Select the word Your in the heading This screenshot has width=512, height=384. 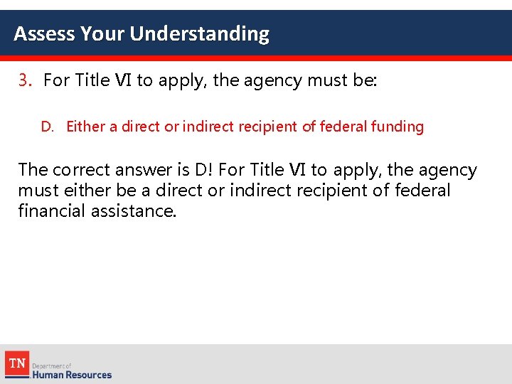pyautogui.click(x=103, y=33)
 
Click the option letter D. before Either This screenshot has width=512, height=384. pyautogui.click(x=48, y=127)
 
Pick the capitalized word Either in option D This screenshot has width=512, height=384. pyautogui.click(x=85, y=127)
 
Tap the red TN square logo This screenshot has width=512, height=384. pyautogui.click(x=16, y=363)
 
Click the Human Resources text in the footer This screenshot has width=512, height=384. pyautogui.click(x=74, y=374)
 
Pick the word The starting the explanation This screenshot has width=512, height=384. pyautogui.click(x=33, y=170)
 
